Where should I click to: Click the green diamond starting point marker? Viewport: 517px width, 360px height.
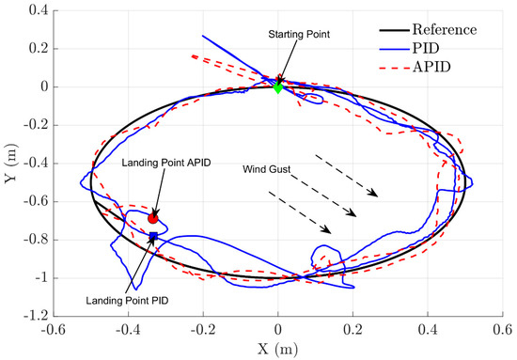tap(278, 87)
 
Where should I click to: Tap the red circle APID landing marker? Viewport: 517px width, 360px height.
tap(153, 218)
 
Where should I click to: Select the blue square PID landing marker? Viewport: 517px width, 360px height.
tap(153, 235)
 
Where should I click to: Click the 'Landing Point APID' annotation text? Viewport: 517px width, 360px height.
tap(166, 163)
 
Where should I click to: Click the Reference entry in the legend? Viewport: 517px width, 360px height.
tap(460, 29)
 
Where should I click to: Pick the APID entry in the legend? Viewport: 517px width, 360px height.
tap(445, 67)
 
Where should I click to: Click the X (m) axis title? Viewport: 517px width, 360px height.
tap(278, 350)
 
